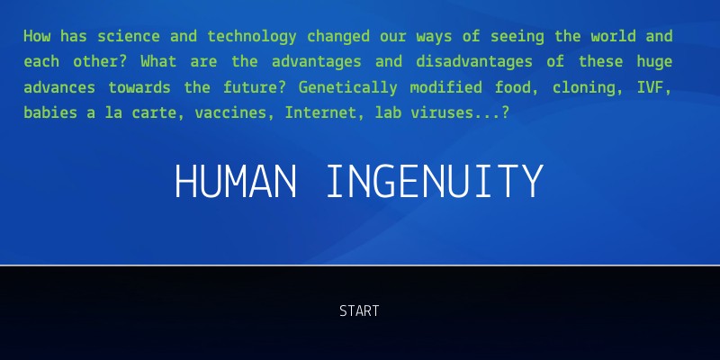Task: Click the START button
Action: point(359,311)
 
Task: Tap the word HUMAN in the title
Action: point(236,183)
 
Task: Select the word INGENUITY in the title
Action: point(435,183)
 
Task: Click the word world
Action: point(611,37)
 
